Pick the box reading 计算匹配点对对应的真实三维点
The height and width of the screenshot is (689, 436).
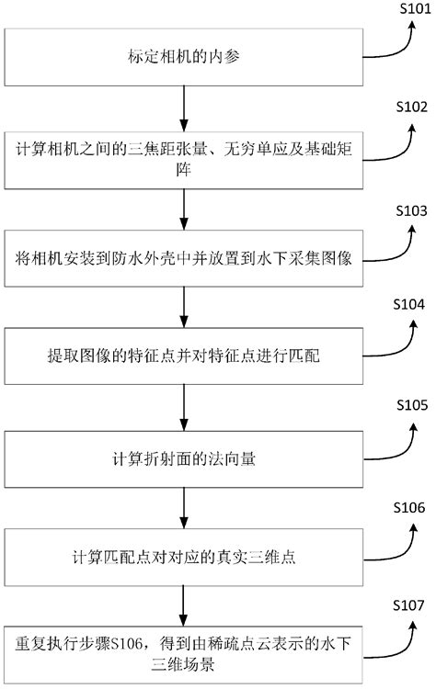pyautogui.click(x=185, y=555)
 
